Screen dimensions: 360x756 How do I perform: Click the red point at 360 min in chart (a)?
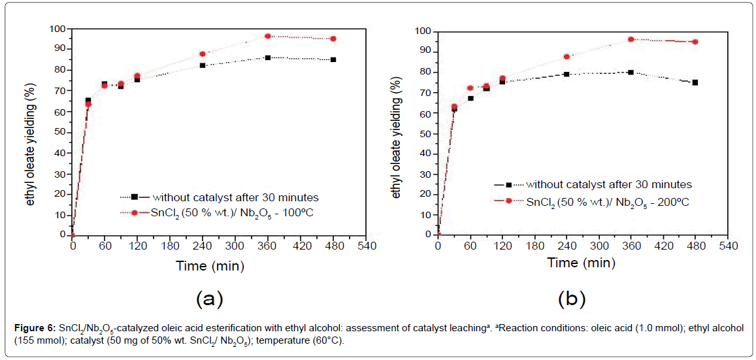tap(268, 37)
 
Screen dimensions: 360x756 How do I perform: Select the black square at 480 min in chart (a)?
tap(333, 59)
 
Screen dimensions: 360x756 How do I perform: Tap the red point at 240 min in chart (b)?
tap(567, 57)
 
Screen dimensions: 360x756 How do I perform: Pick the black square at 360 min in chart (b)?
tap(631, 73)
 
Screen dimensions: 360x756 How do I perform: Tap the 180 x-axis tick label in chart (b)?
tap(534, 246)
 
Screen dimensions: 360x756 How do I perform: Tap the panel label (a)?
tap(210, 299)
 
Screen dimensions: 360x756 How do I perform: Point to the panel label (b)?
tap(572, 299)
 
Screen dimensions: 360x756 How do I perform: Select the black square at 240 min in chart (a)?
tap(203, 65)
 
